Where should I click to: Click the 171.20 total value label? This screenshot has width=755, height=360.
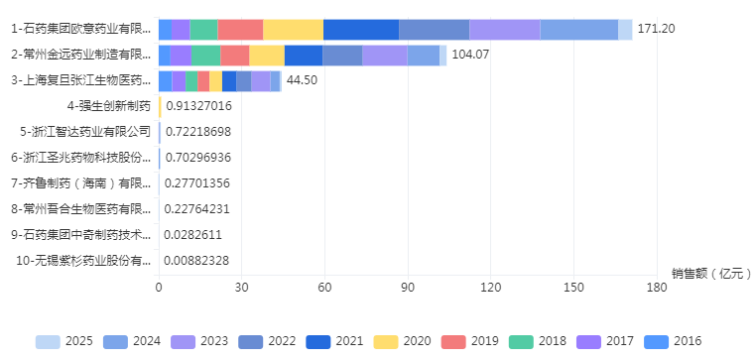tap(656, 29)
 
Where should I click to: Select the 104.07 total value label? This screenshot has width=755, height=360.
tap(471, 55)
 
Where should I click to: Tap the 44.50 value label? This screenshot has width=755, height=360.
tap(302, 80)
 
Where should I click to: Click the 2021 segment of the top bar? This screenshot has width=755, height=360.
tap(361, 30)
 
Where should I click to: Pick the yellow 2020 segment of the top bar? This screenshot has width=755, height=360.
tap(293, 30)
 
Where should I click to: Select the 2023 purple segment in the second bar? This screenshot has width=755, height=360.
tap(384, 56)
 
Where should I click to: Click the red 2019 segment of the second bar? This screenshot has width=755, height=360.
tap(234, 56)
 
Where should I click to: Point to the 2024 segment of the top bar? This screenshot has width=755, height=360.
tap(578, 30)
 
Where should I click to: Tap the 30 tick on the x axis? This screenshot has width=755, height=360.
tap(241, 288)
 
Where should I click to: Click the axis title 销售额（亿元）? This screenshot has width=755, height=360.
tap(706, 274)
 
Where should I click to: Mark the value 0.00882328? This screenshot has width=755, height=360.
tap(197, 261)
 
